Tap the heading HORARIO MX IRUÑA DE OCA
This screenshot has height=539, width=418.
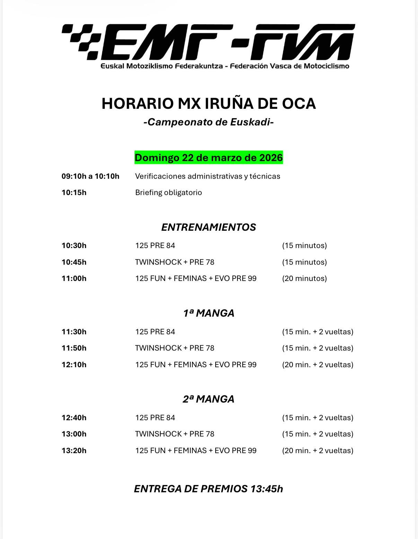[x=209, y=104]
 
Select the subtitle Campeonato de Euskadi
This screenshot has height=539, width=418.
[x=209, y=122]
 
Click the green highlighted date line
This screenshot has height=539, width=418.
[x=209, y=158]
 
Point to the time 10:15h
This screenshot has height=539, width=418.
[x=74, y=193]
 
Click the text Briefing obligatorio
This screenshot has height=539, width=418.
[x=168, y=193]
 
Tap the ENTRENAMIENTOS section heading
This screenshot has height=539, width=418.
[x=209, y=227]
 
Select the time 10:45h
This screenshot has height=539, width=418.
[x=74, y=262]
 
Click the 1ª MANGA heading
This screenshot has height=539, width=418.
[x=209, y=313]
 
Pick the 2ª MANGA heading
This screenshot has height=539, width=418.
[x=209, y=399]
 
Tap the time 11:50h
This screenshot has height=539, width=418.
[x=74, y=348]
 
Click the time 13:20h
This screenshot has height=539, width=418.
[x=74, y=451]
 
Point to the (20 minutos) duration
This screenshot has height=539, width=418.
[x=304, y=279]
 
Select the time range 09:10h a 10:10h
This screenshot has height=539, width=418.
[x=90, y=176]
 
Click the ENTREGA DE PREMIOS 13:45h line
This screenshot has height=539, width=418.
[x=209, y=489]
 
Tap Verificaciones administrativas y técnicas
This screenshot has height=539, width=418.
[x=208, y=176]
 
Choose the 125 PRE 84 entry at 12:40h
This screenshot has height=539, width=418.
[x=155, y=418]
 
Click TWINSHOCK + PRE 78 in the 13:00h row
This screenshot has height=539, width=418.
[x=175, y=434]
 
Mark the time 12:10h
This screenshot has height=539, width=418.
[x=74, y=365]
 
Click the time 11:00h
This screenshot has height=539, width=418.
[x=74, y=279]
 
